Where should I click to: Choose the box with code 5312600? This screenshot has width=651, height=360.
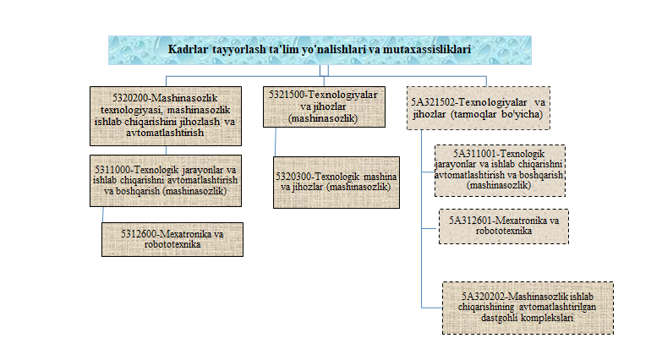click(x=172, y=238)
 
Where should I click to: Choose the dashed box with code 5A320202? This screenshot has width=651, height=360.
click(x=528, y=308)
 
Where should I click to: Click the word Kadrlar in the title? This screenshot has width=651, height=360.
click(x=188, y=51)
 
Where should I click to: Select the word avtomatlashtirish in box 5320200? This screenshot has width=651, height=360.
click(x=176, y=133)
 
